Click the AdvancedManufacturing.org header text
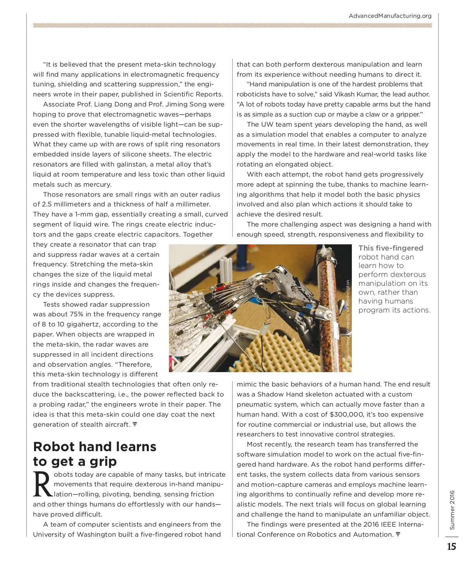pyautogui.click(x=390, y=16)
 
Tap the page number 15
pyautogui.click(x=451, y=547)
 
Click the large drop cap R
pyautogui.click(x=42, y=484)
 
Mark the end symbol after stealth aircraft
pyautogui.click(x=135, y=424)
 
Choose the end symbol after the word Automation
pyautogui.click(x=398, y=534)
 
